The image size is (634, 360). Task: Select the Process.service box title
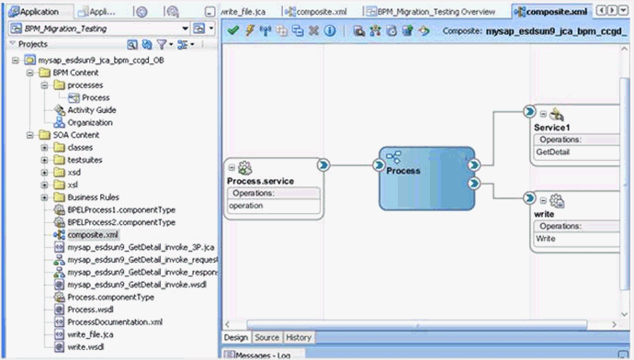[260, 181]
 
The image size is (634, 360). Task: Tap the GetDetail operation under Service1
[553, 152]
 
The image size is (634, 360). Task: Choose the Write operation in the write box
[546, 238]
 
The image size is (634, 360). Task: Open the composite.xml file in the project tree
[93, 235]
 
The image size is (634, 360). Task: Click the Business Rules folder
[95, 197]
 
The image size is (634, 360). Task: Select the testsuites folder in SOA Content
[86, 160]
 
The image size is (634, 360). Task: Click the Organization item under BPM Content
[90, 122]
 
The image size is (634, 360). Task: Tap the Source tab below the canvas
[266, 338]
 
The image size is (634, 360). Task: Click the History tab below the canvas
[299, 338]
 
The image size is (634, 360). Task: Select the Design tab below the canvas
[236, 338]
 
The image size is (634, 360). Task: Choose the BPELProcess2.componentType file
[120, 222]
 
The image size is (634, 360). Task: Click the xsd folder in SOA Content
[74, 173]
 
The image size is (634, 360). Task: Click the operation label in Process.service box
[245, 206]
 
